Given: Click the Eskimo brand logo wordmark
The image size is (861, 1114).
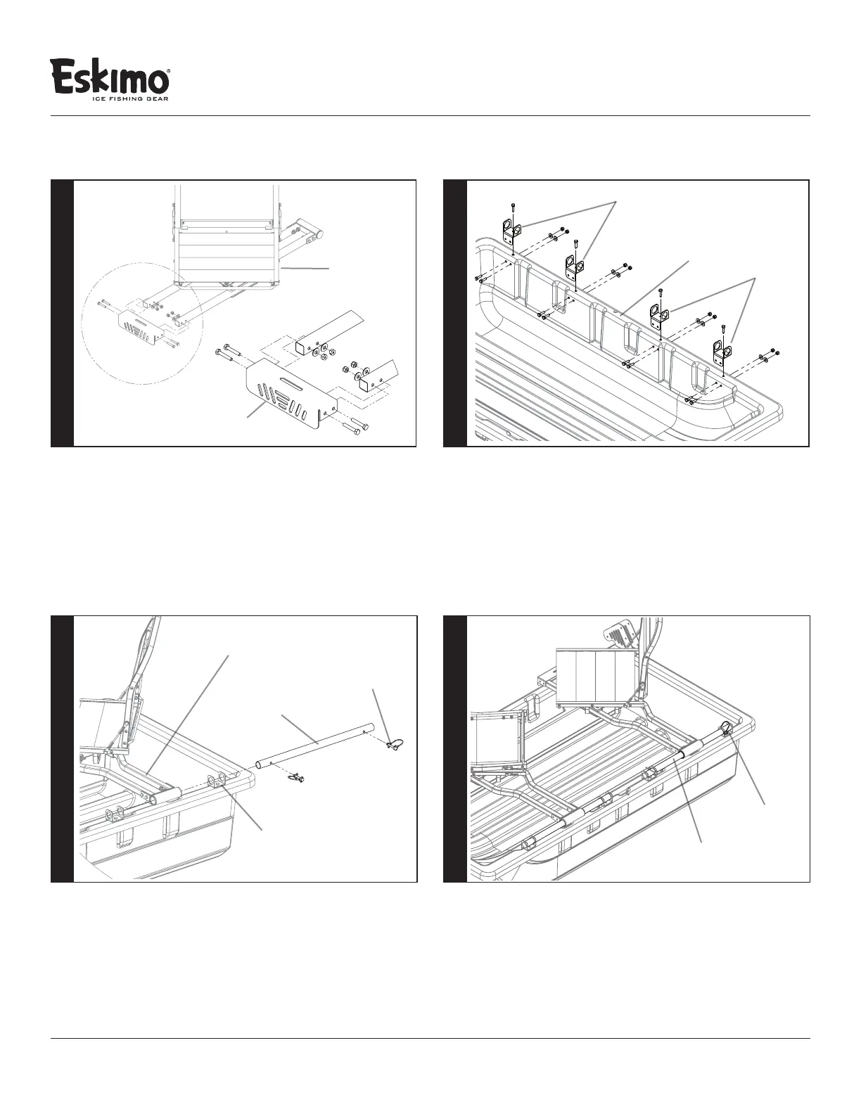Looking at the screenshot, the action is [x=110, y=76].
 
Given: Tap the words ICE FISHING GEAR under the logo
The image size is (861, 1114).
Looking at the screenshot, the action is [x=130, y=99].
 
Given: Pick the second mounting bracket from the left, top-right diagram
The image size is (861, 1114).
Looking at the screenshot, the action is [x=574, y=266].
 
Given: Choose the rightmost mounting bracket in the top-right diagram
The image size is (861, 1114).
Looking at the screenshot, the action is [x=722, y=350].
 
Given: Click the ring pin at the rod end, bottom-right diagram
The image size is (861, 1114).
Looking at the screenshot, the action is [x=727, y=727].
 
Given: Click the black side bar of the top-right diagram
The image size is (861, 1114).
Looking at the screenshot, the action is [x=455, y=313].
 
